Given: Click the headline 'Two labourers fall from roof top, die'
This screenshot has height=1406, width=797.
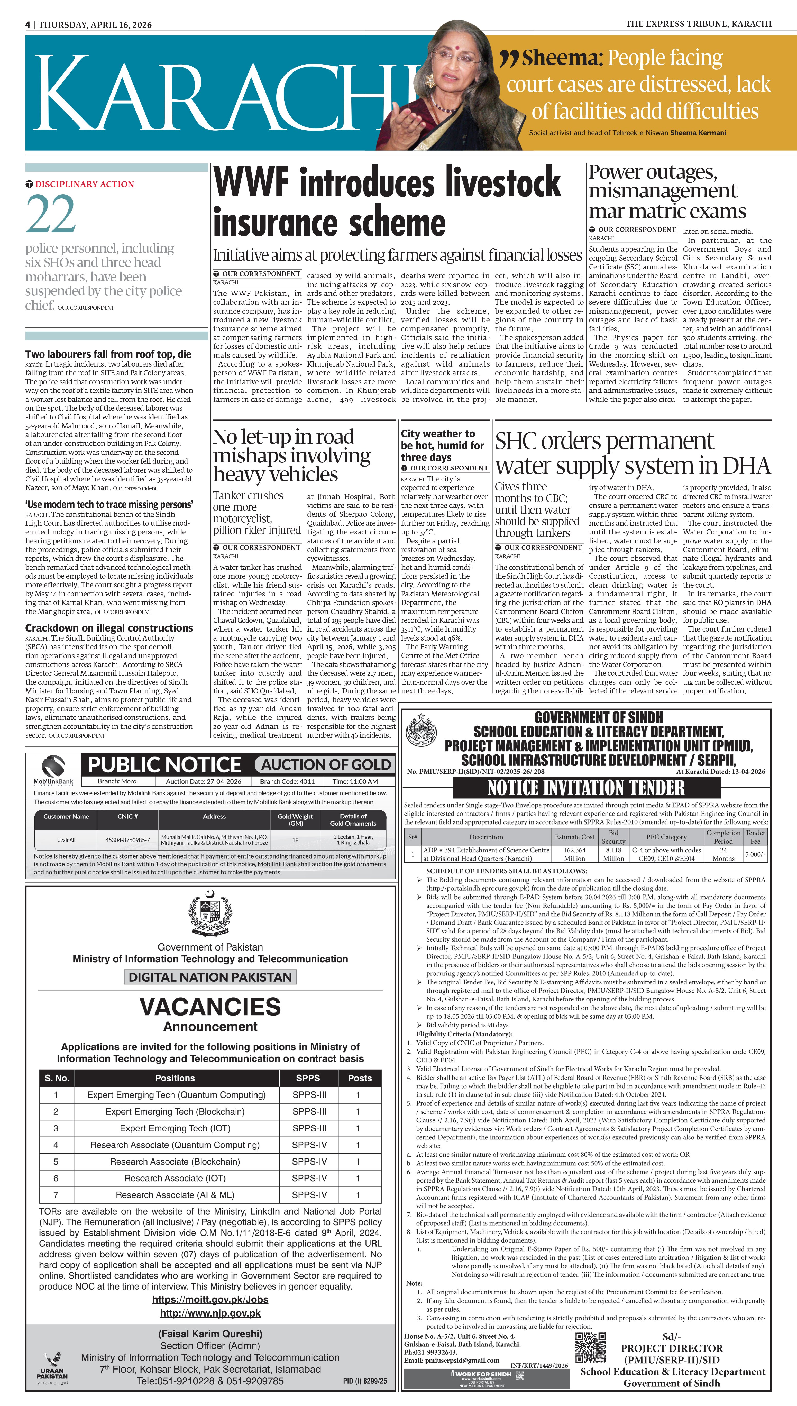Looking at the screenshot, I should [108, 354].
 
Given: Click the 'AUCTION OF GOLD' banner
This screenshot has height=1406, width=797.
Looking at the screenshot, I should [326, 765].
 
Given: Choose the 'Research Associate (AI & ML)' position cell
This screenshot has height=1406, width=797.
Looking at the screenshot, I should [175, 1195].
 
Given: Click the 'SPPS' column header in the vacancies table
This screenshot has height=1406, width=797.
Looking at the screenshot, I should [308, 1078].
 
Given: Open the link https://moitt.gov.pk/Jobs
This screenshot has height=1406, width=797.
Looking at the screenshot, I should [210, 1299].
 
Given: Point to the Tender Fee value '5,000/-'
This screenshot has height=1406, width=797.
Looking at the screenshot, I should [755, 854].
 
